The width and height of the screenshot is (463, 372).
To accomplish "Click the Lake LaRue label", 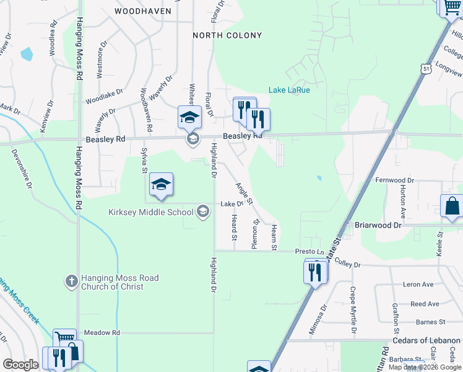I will (x=289, y=90).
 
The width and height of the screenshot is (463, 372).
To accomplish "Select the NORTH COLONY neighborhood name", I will (x=227, y=35).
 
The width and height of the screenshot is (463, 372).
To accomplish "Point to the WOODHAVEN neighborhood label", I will (x=147, y=11).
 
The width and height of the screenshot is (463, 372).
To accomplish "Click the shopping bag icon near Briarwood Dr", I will (x=451, y=206).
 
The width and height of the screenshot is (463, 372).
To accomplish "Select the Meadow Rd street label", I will (x=102, y=333).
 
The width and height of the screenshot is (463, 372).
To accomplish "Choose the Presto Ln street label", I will (x=309, y=252).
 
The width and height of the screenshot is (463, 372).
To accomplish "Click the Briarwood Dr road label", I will (x=378, y=225).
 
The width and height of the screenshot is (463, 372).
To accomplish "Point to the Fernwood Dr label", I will (x=394, y=180).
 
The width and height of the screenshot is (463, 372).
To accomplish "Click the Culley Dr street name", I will (x=347, y=264).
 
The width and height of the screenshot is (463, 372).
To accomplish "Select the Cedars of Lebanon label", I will (x=426, y=341).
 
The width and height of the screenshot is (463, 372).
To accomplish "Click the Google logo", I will (x=20, y=365).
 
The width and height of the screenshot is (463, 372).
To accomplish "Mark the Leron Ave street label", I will (x=418, y=285).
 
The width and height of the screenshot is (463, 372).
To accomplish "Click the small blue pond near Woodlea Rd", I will (x=27, y=55).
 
